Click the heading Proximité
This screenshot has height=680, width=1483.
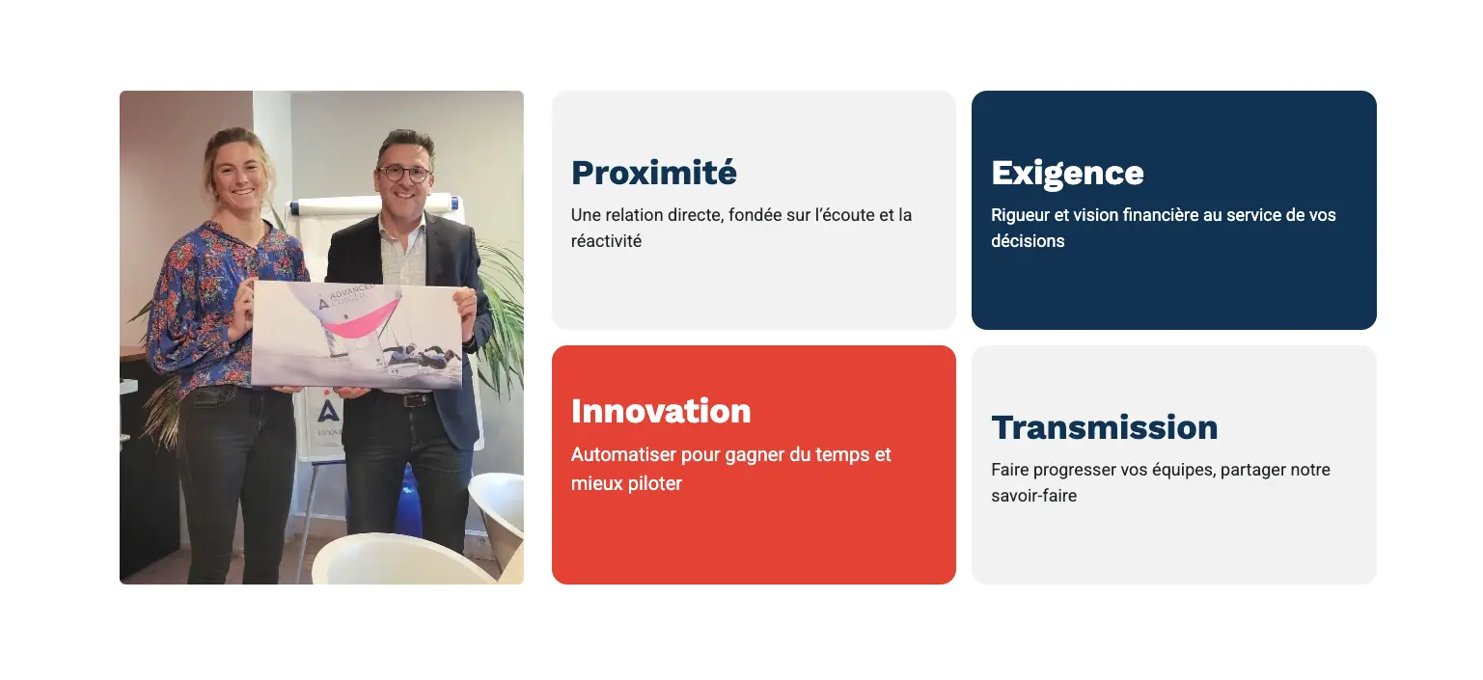[653, 173]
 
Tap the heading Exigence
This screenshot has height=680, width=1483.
[1066, 173]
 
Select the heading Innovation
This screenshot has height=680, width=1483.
[660, 411]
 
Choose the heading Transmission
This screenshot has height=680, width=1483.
[1104, 427]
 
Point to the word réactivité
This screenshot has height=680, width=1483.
[606, 241]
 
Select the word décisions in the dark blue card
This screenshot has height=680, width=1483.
[1027, 241]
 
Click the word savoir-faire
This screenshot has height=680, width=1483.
[1033, 496]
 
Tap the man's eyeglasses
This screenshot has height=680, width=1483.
[404, 175]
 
